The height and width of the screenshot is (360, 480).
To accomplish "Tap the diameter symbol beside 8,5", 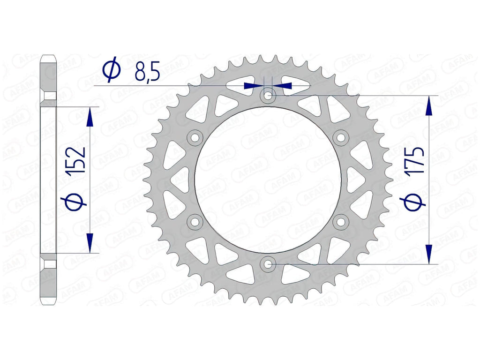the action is [x=112, y=69].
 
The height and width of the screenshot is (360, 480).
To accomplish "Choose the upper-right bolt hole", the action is [x=340, y=138].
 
